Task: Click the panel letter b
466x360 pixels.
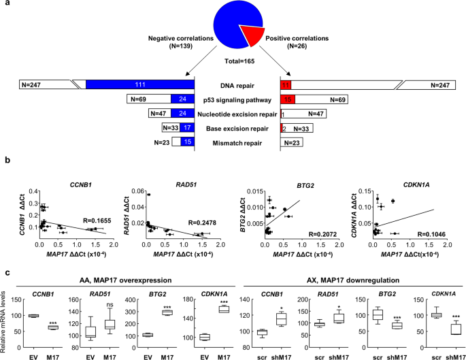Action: pyautogui.click(x=5, y=161)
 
